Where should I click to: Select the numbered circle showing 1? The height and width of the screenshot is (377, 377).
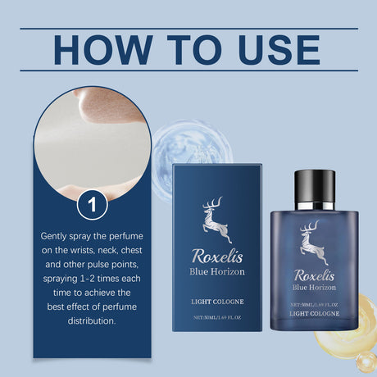(93, 204)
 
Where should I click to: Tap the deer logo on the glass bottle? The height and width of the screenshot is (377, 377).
(312, 243)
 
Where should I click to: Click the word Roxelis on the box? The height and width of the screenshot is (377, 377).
(218, 255)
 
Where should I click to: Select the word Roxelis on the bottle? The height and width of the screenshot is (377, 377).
(314, 275)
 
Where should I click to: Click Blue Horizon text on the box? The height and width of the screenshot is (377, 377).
(218, 270)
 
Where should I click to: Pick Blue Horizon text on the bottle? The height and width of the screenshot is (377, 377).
(314, 288)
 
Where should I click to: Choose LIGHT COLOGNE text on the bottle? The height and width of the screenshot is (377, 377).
(314, 312)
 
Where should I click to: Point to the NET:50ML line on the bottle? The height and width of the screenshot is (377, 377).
(314, 303)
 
